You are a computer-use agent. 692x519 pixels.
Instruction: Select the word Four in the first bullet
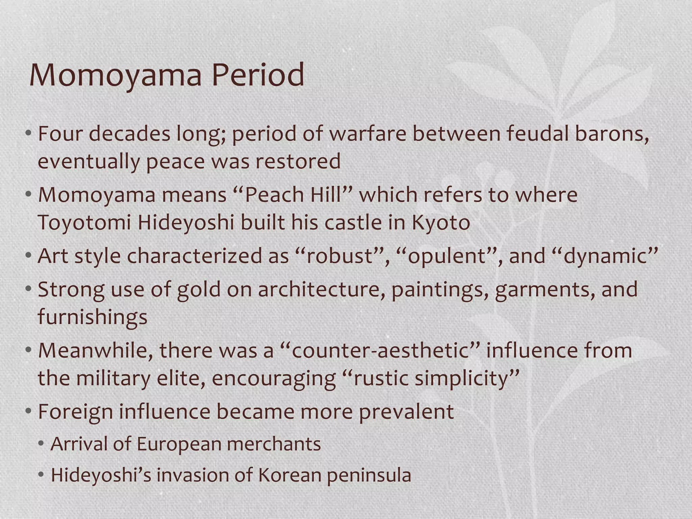(x=60, y=134)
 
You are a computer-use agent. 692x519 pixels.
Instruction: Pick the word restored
(x=298, y=161)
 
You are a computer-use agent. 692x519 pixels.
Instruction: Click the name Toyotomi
(x=84, y=223)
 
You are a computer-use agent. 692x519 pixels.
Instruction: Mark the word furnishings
(x=92, y=317)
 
